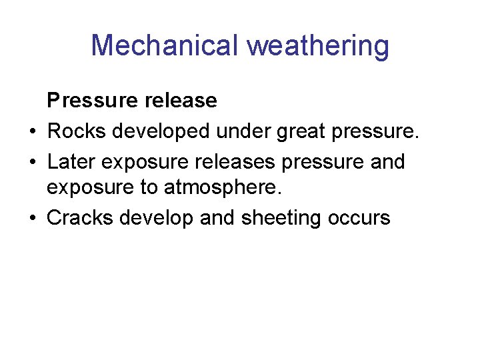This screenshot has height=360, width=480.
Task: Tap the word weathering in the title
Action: point(318,46)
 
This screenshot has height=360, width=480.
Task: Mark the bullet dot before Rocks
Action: point(33,132)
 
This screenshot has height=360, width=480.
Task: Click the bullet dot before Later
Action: point(33,161)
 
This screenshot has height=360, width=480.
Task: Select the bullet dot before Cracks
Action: point(33,218)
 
